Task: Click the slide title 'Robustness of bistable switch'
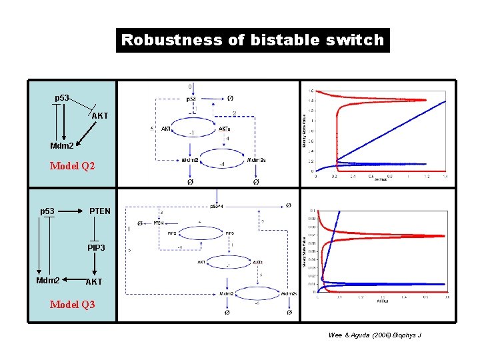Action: (253, 40)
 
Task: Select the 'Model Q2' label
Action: (73, 166)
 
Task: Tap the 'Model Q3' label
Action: (73, 305)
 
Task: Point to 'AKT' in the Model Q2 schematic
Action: (100, 116)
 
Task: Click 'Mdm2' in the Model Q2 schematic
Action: (62, 146)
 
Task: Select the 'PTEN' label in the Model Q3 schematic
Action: (100, 211)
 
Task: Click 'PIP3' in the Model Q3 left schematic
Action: (96, 247)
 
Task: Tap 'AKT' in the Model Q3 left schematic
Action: (94, 281)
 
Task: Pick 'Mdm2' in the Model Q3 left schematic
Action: (48, 281)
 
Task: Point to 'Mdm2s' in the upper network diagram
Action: (257, 160)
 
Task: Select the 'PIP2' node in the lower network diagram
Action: (172, 233)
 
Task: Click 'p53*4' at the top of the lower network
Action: (217, 207)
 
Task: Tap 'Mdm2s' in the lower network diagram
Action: (289, 293)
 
